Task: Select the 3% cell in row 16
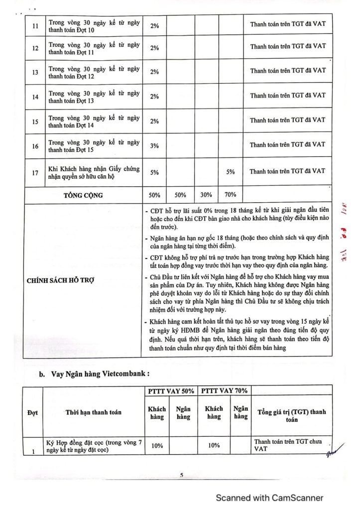154,145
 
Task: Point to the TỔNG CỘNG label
83,195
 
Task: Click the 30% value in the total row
206,195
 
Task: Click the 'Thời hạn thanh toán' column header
93,412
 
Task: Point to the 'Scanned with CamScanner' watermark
269,498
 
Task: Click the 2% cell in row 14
154,97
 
